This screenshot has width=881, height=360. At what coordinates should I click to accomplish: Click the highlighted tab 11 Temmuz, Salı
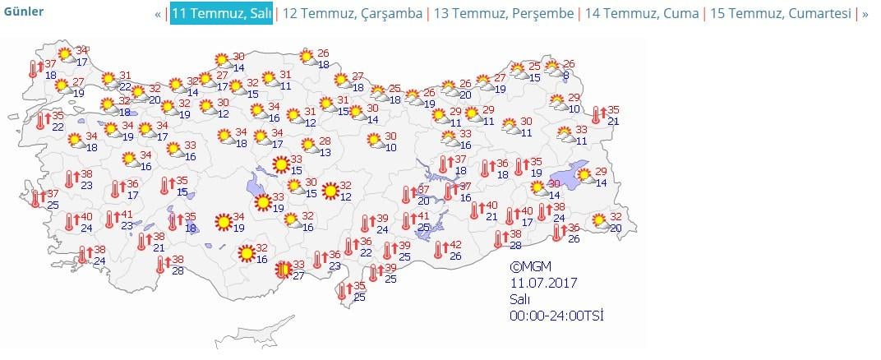click(x=221, y=14)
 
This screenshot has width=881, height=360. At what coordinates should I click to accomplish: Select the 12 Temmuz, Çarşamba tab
click(x=353, y=14)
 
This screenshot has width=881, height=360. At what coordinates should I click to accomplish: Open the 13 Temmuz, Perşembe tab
click(x=505, y=14)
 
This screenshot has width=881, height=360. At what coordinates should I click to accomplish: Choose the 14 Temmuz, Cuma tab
click(x=642, y=14)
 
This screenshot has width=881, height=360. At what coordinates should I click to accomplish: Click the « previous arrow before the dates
click(x=158, y=14)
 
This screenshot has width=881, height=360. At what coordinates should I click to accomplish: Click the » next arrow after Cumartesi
click(x=865, y=14)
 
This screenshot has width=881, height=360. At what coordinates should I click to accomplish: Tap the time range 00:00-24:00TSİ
click(x=558, y=316)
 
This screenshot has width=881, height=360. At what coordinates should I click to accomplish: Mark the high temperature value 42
click(x=456, y=245)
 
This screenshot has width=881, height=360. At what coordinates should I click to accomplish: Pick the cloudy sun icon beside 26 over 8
click(x=552, y=68)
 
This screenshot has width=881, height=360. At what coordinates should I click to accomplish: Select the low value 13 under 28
click(x=325, y=152)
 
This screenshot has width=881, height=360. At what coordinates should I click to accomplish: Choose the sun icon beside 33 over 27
click(x=283, y=269)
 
